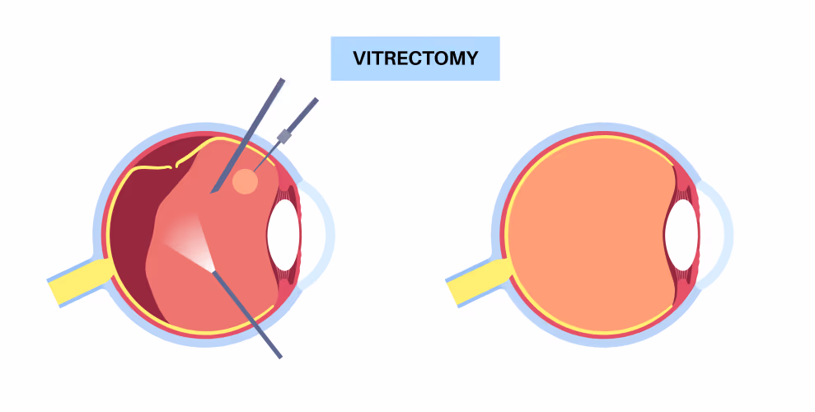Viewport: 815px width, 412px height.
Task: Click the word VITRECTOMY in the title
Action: (415, 59)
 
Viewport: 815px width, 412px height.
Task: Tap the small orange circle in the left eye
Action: (245, 181)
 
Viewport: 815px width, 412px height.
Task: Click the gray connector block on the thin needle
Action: (283, 136)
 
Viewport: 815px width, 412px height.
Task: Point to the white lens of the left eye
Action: (283, 235)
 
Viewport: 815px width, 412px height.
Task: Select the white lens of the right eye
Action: (682, 235)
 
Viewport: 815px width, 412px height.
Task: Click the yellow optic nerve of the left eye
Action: (78, 282)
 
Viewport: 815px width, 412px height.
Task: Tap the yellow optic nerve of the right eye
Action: (476, 282)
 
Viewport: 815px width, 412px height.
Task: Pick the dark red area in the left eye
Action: (136, 228)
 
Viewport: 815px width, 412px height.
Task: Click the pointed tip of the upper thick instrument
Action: (211, 194)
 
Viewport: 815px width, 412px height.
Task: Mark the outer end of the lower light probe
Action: (280, 358)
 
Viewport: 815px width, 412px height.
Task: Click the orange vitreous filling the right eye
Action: (588, 235)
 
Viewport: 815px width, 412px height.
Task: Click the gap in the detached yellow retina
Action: (174, 166)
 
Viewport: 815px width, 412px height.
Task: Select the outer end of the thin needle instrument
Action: (316, 99)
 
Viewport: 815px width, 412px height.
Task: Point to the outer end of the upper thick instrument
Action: (282, 79)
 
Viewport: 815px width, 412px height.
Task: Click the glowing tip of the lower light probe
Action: (213, 271)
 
